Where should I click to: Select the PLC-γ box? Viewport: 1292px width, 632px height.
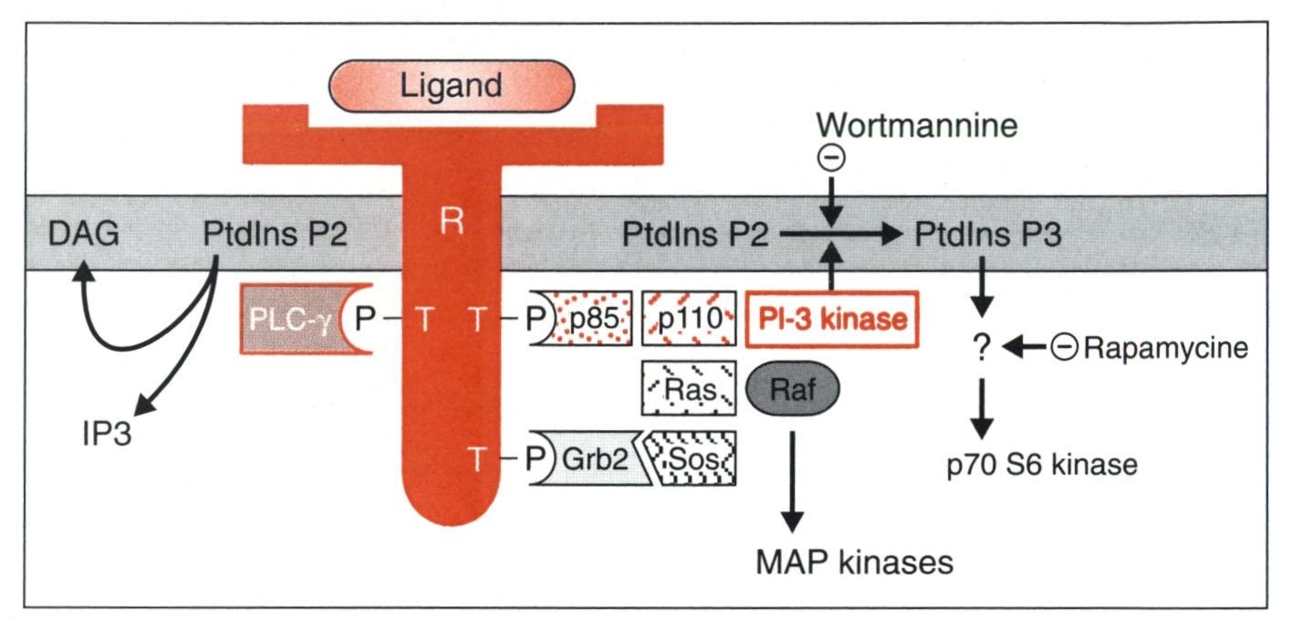coord(290,320)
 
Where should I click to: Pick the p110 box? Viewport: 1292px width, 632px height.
coord(689,320)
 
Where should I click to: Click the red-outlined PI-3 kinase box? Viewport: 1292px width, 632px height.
coord(831,320)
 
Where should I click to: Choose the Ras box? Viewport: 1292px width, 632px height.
coord(689,391)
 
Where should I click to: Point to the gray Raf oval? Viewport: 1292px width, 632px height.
coord(793,391)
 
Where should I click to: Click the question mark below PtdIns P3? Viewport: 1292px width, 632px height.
coord(980,348)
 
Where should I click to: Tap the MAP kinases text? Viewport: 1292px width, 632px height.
coord(854,561)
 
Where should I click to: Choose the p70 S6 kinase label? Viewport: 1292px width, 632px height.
coord(1041,464)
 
